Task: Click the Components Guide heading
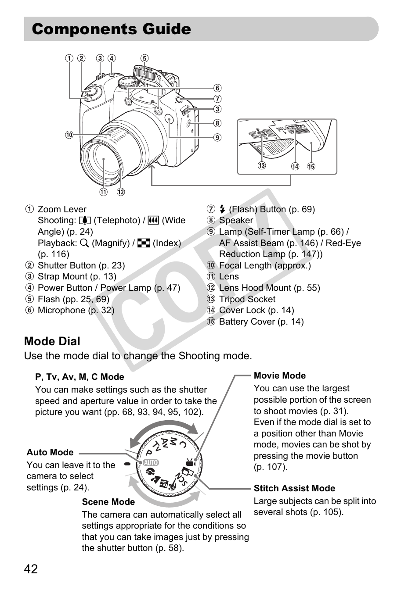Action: point(112,29)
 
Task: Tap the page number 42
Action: point(31,569)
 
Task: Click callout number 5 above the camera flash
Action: point(144,58)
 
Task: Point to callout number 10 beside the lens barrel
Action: point(69,135)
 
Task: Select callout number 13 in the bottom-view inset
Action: point(262,166)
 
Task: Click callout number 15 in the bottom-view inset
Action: point(311,166)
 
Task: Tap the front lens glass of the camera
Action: point(104,158)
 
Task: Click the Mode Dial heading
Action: point(52,341)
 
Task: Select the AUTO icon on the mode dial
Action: point(150,462)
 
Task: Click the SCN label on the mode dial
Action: point(181,479)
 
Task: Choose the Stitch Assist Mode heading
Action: point(294,488)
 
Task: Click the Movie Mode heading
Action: point(280,375)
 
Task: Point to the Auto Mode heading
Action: point(50,452)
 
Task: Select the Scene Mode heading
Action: point(108,502)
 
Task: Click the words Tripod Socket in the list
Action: point(247,299)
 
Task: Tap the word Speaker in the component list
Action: point(236,220)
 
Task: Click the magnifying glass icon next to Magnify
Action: point(85,243)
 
